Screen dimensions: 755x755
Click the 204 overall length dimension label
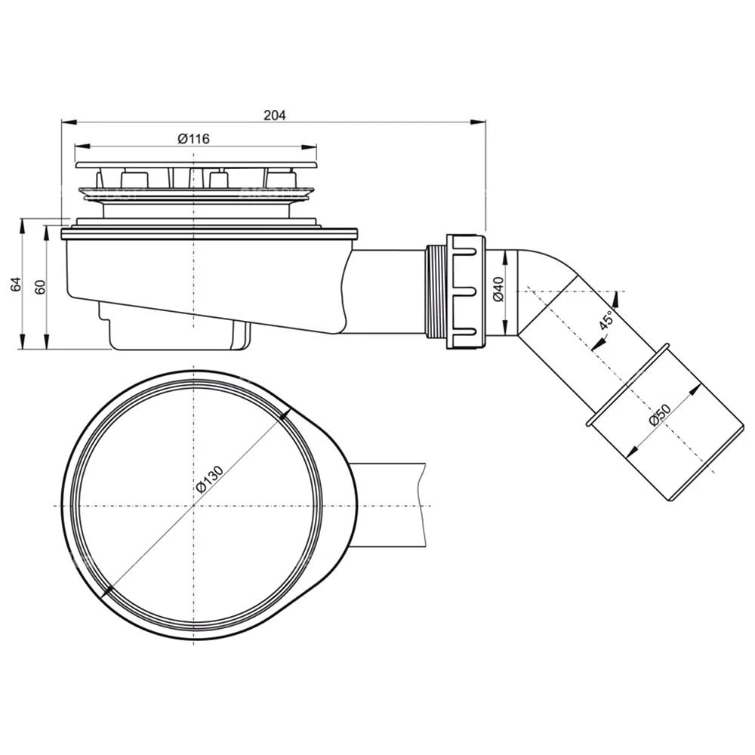(275, 115)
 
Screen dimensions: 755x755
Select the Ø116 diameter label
(193, 139)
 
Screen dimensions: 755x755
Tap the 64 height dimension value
(17, 284)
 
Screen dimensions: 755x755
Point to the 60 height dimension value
(41, 286)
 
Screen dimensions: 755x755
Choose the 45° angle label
(606, 320)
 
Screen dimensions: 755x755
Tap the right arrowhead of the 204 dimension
(478, 122)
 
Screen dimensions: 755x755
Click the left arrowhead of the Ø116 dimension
(82, 146)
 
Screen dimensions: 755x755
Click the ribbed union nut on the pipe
(466, 291)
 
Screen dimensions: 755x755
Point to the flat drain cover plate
(196, 165)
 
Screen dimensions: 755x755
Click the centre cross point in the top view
(193, 506)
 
